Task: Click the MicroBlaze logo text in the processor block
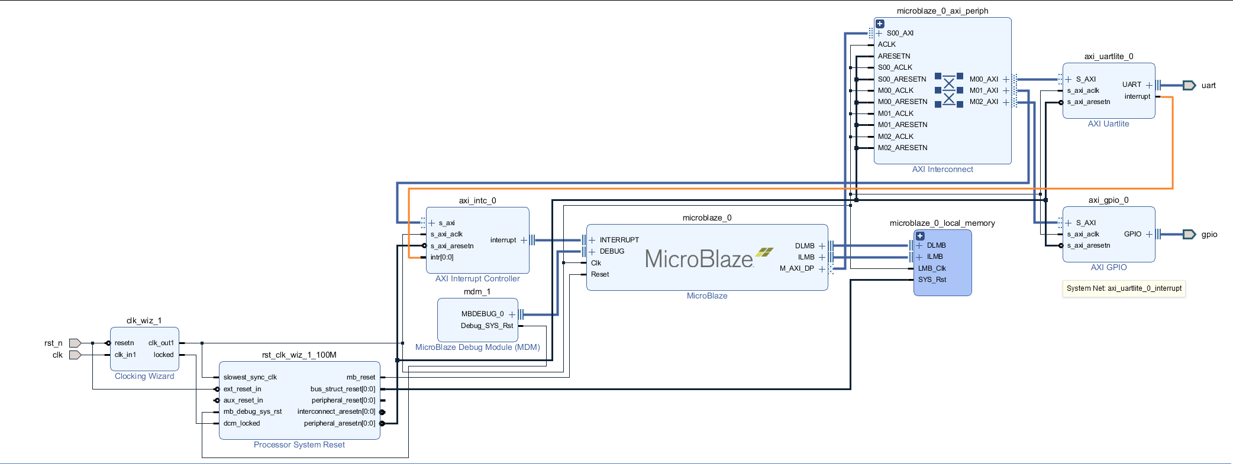click(699, 259)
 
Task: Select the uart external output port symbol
click(1189, 85)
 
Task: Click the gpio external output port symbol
click(1189, 234)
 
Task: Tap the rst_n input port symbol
click(75, 343)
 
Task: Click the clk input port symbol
click(75, 355)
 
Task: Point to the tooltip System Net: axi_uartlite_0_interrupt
click(1124, 288)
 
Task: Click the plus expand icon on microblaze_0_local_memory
click(920, 236)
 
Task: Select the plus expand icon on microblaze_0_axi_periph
click(880, 24)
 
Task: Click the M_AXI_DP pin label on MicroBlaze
click(796, 268)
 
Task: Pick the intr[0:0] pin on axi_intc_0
click(442, 257)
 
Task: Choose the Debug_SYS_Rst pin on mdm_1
click(486, 326)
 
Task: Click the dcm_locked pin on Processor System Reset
click(241, 423)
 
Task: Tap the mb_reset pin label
click(360, 377)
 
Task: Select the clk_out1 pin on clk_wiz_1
click(161, 343)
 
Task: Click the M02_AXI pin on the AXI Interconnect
click(983, 102)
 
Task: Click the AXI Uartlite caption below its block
click(1108, 124)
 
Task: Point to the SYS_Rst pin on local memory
click(932, 280)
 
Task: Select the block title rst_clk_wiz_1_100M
click(299, 355)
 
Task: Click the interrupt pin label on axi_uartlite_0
click(1137, 96)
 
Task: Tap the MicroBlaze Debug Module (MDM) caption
click(477, 347)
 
